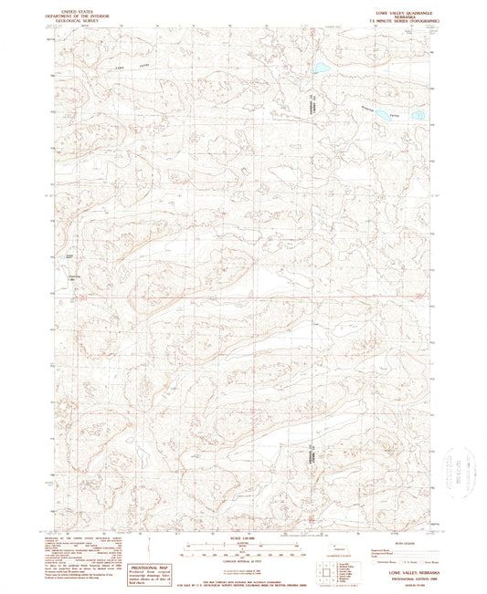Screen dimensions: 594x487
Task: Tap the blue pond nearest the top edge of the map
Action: coord(321,68)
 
